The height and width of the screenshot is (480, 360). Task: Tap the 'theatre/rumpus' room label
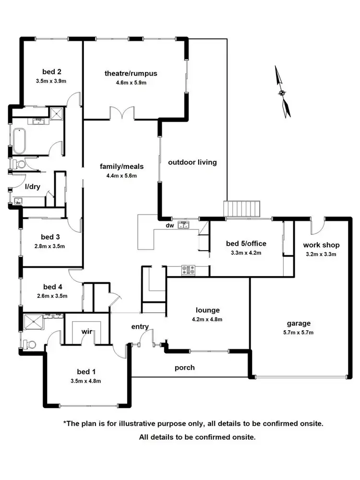[x=131, y=73]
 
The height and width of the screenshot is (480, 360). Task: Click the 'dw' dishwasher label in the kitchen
[x=169, y=225]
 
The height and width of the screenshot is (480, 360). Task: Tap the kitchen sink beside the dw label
[x=184, y=224]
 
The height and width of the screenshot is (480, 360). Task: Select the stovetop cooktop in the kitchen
[x=188, y=270]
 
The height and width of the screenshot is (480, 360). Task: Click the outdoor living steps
[x=242, y=209]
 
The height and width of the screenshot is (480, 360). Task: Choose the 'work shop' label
[x=321, y=245]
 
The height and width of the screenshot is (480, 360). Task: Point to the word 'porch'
[x=185, y=368]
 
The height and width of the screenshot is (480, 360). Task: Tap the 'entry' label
[x=140, y=327]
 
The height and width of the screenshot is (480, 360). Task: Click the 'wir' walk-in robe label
[x=87, y=331]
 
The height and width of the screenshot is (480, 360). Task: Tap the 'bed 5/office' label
[x=246, y=243]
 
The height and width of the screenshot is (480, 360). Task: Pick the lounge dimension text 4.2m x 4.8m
[x=207, y=318]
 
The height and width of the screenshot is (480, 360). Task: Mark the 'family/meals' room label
[x=121, y=167]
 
